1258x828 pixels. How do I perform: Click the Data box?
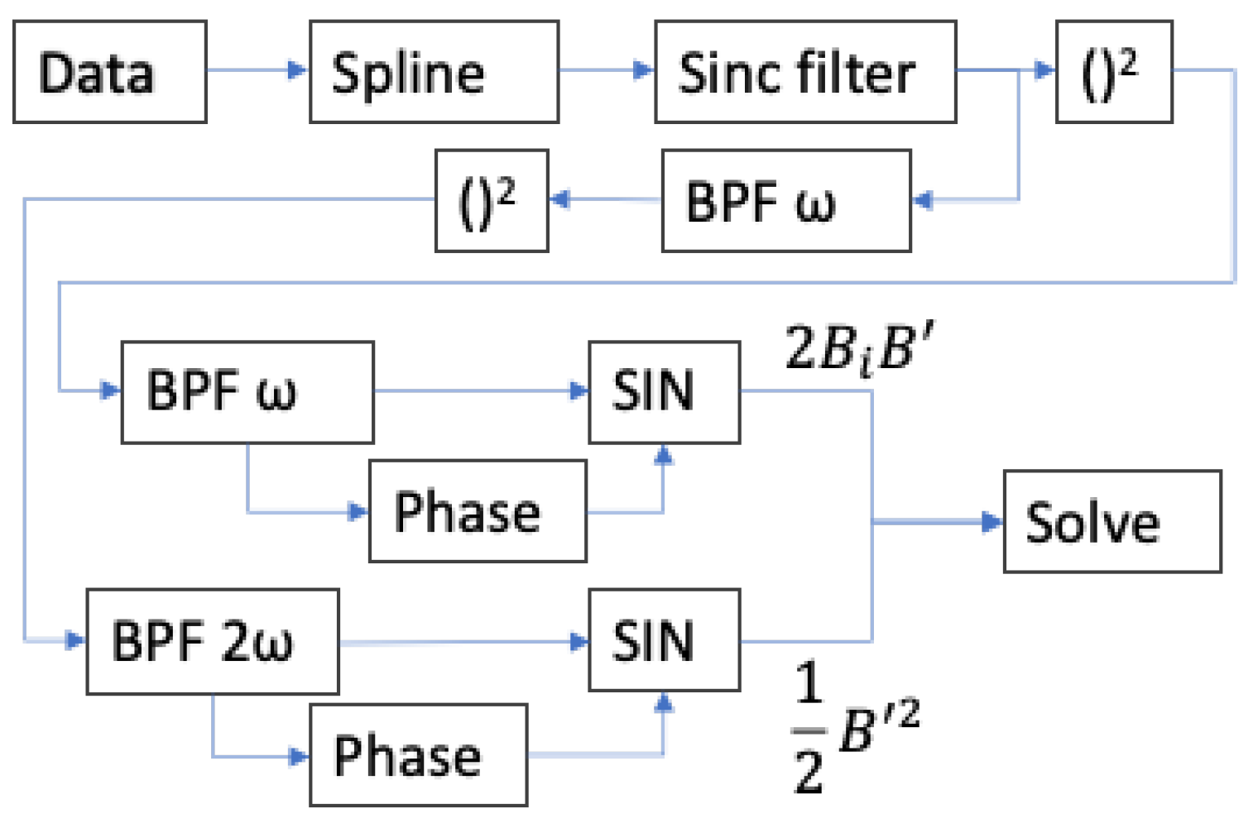(x=109, y=72)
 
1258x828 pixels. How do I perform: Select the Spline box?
(x=434, y=72)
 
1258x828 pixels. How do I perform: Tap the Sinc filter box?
(x=805, y=72)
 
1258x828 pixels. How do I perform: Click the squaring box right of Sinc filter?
(x=1114, y=72)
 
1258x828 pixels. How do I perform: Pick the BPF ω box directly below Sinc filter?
(x=786, y=201)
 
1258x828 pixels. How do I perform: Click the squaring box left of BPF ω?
(x=492, y=201)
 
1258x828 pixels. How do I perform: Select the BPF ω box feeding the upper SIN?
(x=247, y=392)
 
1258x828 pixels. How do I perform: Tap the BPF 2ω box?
(x=213, y=641)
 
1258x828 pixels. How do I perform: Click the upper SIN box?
(x=664, y=392)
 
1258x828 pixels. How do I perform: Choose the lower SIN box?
(x=664, y=640)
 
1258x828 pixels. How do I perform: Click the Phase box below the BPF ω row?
(x=478, y=511)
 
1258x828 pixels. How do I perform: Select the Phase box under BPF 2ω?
(x=418, y=754)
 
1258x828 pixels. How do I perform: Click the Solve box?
(x=1112, y=522)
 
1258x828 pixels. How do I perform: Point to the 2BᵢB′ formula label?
(x=861, y=349)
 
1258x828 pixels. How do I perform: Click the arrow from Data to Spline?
(x=257, y=70)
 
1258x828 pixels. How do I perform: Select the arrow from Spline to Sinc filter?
(x=606, y=70)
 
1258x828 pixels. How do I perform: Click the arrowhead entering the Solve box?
(x=992, y=522)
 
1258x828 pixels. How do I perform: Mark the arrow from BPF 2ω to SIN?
(x=463, y=642)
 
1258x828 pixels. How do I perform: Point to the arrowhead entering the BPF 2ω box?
(x=75, y=639)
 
